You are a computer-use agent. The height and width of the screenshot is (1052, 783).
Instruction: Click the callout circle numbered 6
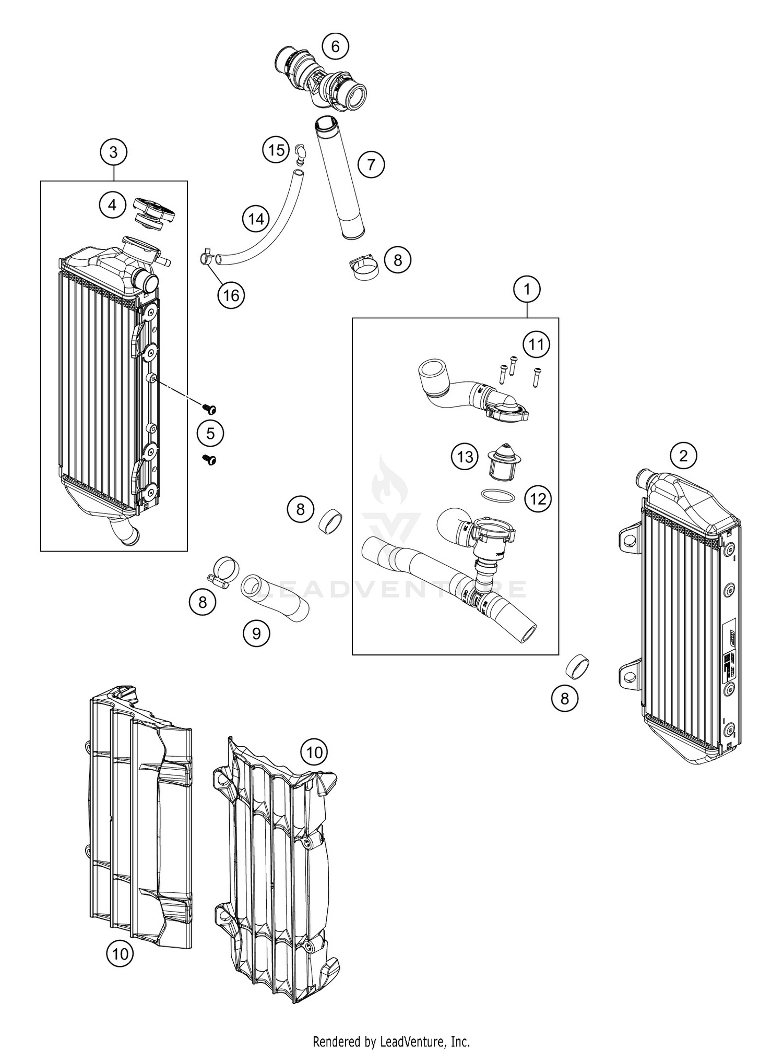335,46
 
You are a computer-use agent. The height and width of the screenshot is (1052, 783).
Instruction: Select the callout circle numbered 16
231,295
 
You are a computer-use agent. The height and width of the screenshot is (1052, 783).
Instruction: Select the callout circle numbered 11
537,344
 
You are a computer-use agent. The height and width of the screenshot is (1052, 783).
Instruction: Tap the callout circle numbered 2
684,456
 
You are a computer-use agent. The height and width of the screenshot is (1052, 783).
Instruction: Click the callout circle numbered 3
114,152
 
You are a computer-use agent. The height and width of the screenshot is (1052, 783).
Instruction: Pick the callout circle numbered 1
527,289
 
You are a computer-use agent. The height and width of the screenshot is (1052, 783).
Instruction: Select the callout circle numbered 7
371,165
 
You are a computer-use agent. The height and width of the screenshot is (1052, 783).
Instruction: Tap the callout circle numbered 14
256,219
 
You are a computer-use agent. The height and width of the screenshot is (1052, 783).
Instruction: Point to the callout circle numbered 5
210,433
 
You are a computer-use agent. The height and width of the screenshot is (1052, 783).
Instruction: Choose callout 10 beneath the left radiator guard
120,954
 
